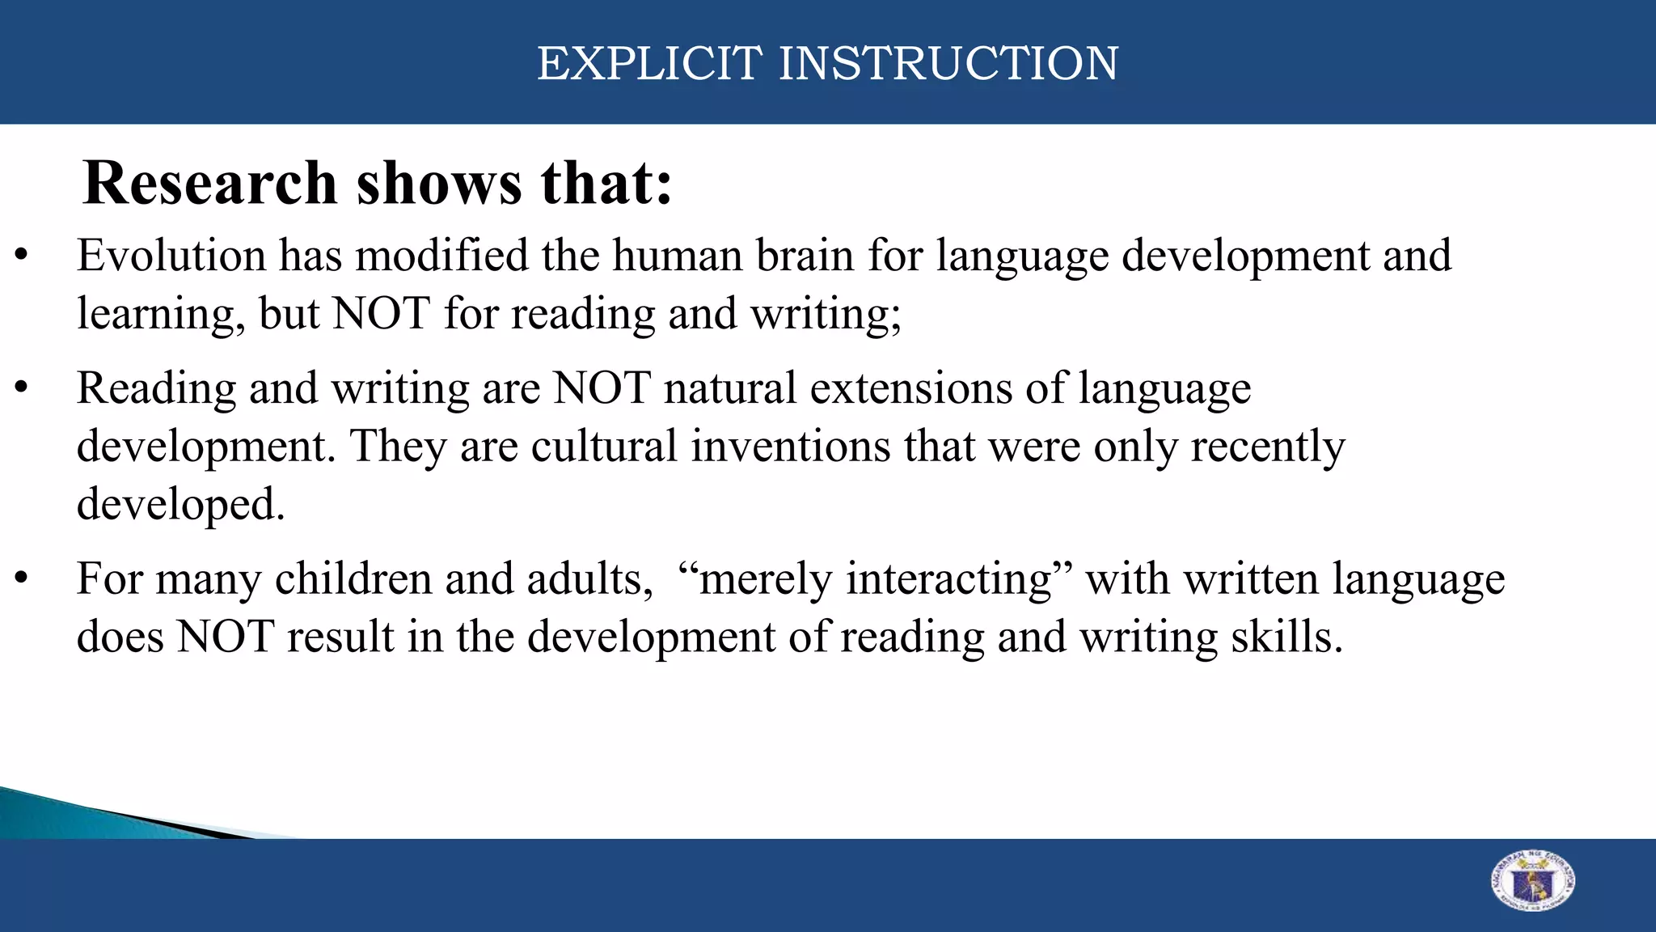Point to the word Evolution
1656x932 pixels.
pos(171,256)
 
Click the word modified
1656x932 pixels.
pos(441,256)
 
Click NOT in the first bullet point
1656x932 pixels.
pos(381,314)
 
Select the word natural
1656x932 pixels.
pos(730,388)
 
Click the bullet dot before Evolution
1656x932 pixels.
pos(22,257)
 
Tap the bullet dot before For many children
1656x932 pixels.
pos(22,580)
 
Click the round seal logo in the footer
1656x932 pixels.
pos(1532,881)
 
